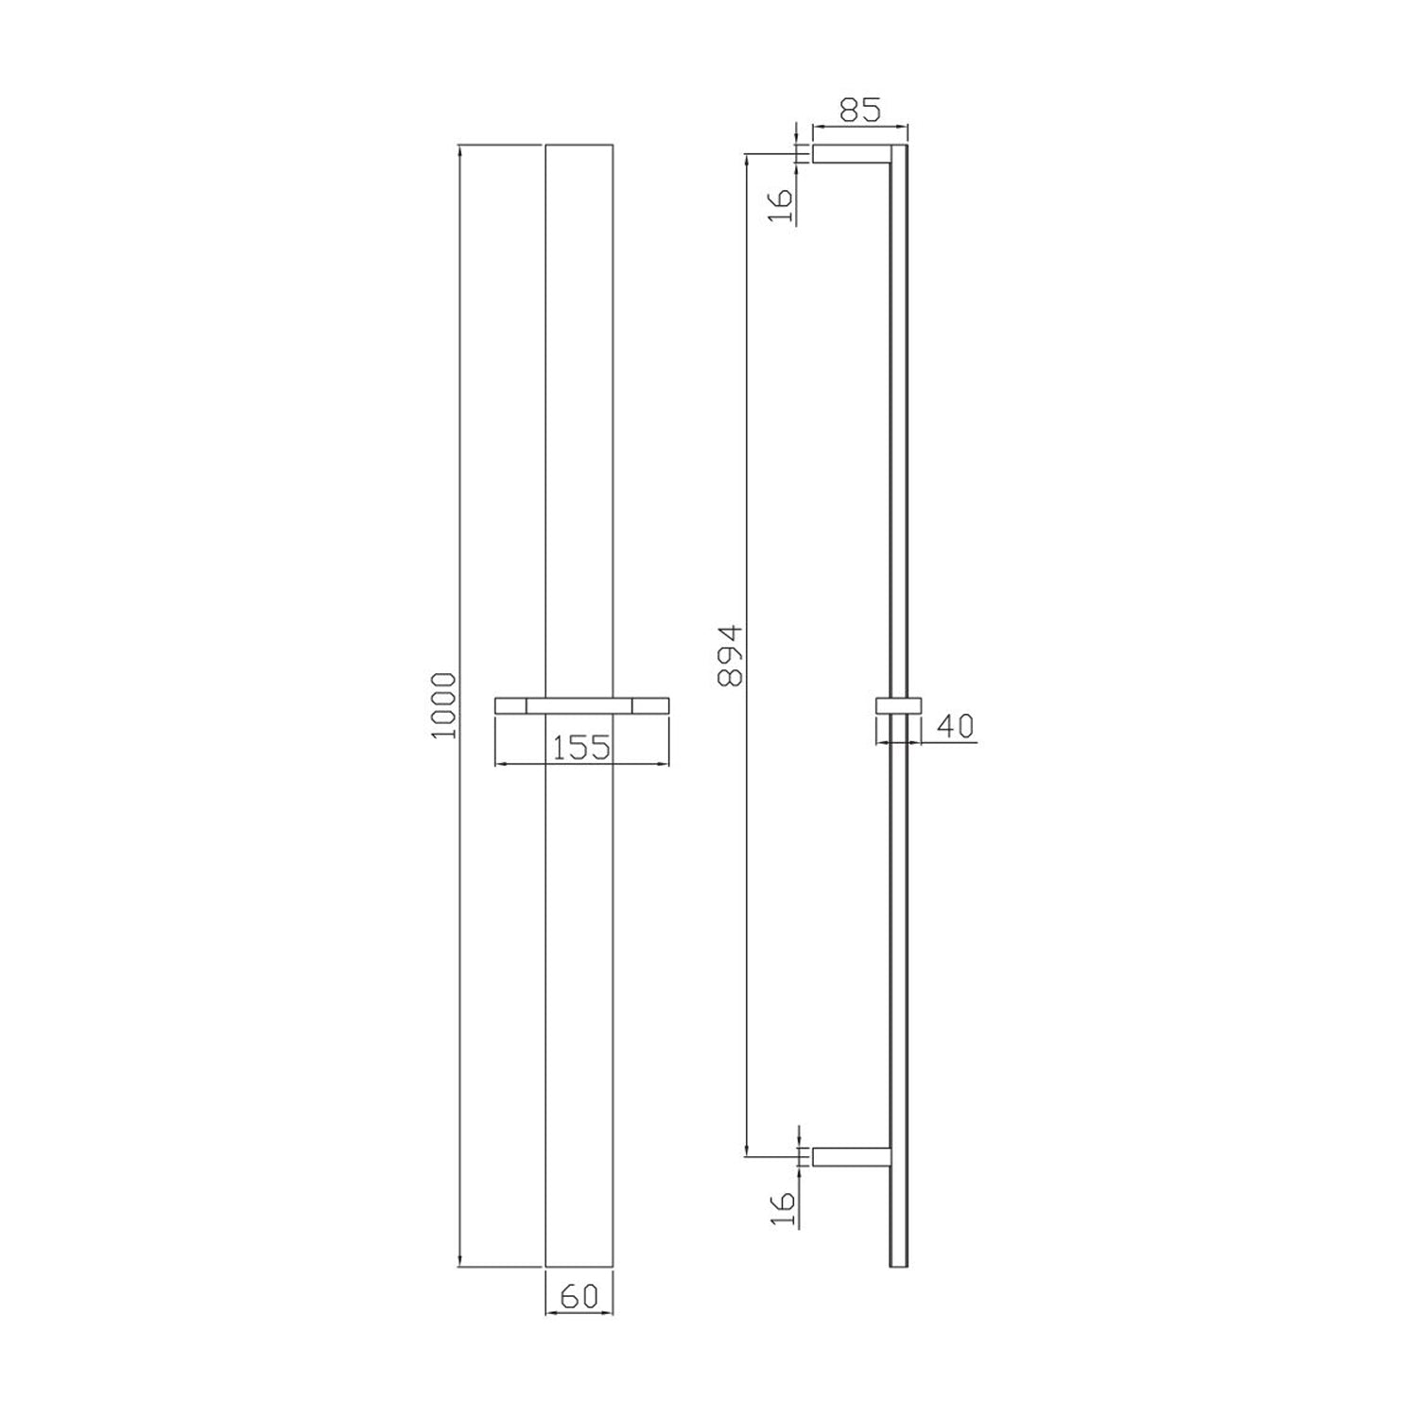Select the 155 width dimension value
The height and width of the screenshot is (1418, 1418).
tap(580, 747)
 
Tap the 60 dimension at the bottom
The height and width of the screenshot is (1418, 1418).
tap(579, 1295)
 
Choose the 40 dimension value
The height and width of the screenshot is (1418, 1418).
tap(955, 726)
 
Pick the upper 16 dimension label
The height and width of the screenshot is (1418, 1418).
tap(781, 204)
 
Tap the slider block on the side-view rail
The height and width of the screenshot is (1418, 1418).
tap(897, 706)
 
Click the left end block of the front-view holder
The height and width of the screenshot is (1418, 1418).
tap(510, 705)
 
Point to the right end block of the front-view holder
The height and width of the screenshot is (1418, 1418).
tap(651, 705)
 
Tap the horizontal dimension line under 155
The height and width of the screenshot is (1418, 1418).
tap(581, 764)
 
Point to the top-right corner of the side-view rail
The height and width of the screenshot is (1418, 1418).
tap(907, 146)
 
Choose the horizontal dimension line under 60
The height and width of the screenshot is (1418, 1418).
tap(579, 1312)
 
